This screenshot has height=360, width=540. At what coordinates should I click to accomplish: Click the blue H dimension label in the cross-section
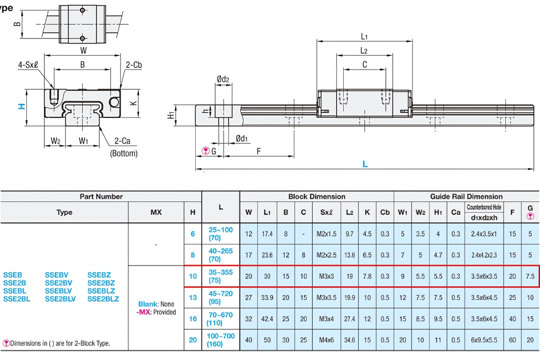click(21, 106)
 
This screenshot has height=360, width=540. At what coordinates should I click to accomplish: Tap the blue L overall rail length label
click(365, 164)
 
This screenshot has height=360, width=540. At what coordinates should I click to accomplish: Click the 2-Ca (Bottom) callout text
click(123, 147)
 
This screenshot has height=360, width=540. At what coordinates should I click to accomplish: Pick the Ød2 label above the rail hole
click(223, 80)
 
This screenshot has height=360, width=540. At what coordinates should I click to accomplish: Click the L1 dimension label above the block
click(364, 37)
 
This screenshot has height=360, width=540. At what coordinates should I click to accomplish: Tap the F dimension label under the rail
click(259, 151)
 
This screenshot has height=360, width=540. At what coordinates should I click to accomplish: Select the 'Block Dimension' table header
click(317, 196)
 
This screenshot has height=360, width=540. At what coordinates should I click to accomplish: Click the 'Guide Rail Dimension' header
click(466, 196)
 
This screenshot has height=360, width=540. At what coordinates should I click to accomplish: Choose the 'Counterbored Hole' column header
click(484, 207)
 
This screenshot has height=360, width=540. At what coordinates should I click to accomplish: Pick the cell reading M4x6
click(324, 340)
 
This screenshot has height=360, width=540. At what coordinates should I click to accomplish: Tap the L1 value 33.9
click(267, 297)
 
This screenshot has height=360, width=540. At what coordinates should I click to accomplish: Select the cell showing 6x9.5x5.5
click(484, 340)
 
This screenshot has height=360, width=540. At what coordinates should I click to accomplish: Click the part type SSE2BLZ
click(103, 299)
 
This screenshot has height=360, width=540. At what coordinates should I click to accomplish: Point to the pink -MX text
click(144, 312)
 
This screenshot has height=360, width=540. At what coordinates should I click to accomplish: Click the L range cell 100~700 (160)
click(220, 340)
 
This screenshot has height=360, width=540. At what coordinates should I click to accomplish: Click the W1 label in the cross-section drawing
click(84, 141)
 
